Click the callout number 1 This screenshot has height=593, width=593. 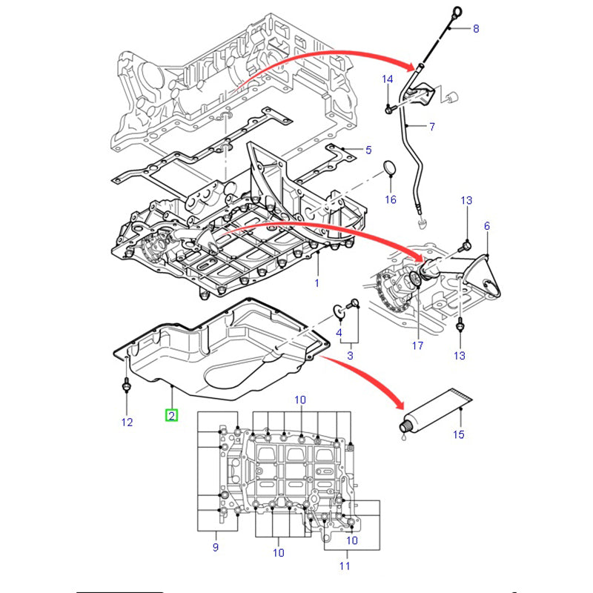point(317,282)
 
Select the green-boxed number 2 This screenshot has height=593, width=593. point(171,416)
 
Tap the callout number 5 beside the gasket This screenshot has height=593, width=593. point(368,151)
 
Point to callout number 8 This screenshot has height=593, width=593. point(476,29)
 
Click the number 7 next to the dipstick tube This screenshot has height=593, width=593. point(431,127)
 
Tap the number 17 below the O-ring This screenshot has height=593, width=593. point(417,345)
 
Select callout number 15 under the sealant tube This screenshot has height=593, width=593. point(459,434)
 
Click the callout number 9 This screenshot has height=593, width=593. point(216,548)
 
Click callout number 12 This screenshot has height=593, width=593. point(127,422)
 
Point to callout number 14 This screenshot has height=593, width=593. point(387,79)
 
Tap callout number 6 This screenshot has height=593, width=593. point(487,225)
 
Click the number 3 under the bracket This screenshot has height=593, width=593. point(351,357)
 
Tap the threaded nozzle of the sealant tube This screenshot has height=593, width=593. point(406,425)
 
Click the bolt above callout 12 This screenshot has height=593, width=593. point(126,387)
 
